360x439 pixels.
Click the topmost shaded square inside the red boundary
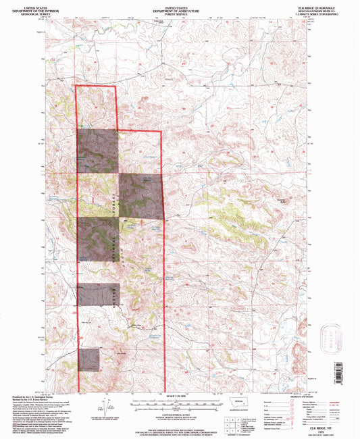point(97,150)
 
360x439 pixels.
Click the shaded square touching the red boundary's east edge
point(141,196)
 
